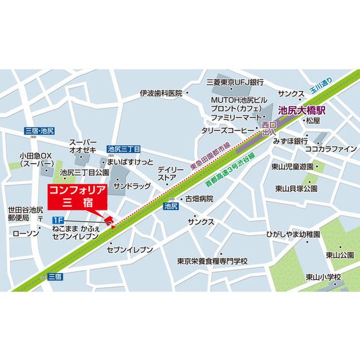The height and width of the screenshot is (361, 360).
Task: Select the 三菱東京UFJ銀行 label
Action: point(235,82)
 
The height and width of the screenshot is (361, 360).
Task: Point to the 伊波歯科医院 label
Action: point(161,93)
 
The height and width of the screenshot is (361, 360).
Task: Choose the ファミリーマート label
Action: point(234,118)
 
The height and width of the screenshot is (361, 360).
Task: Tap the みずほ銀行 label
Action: point(290,140)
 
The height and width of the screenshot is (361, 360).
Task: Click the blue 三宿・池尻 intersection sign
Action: point(39,131)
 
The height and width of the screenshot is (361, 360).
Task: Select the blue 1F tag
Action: point(57,219)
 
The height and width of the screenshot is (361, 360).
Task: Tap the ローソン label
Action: point(25,233)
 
